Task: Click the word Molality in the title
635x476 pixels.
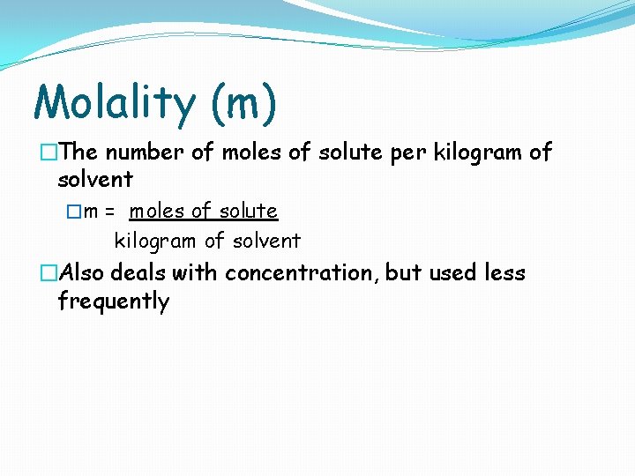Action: [115, 102]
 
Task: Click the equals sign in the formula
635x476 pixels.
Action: [110, 212]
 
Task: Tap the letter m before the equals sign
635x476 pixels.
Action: [91, 212]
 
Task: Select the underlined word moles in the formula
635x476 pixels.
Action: [156, 212]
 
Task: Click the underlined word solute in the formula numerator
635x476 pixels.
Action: [248, 212]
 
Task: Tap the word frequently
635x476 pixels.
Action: [113, 301]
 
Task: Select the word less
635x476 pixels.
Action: [504, 273]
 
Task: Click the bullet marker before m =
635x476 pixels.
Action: [74, 212]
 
